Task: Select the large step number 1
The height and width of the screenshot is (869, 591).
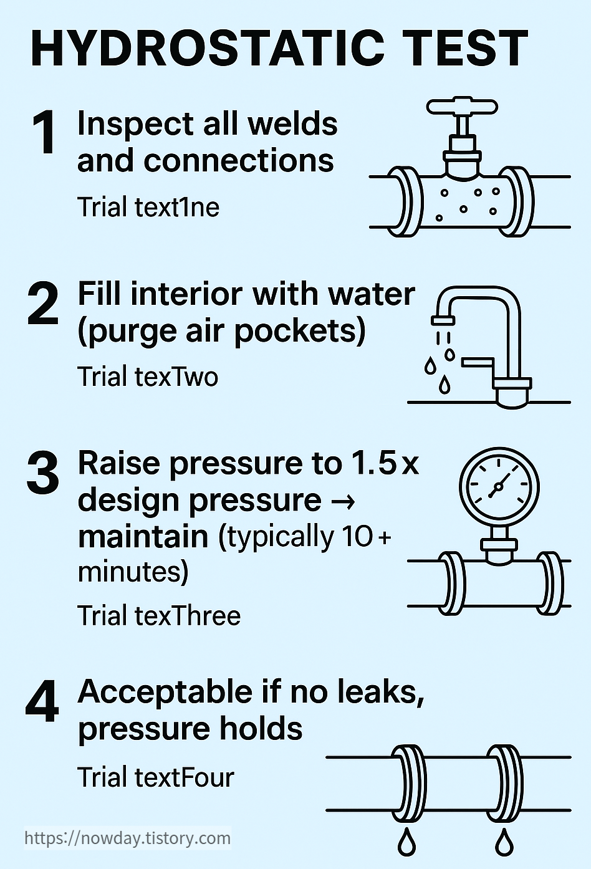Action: click(44, 132)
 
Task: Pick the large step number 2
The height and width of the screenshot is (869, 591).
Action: click(43, 304)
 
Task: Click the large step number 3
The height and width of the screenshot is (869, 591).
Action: click(43, 473)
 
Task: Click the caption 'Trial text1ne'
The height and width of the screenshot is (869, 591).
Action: click(148, 207)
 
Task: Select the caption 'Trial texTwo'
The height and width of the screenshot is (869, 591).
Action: click(148, 377)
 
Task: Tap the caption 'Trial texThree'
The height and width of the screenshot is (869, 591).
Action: click(159, 616)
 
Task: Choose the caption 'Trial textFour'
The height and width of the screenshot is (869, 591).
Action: click(156, 777)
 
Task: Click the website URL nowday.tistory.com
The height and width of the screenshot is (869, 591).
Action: click(128, 838)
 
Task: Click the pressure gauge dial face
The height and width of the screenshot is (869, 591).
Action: click(499, 486)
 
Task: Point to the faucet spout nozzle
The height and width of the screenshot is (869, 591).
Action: click(443, 320)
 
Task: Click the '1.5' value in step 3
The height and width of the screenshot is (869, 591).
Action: click(373, 463)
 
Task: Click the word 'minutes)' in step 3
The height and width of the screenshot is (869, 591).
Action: click(133, 572)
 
